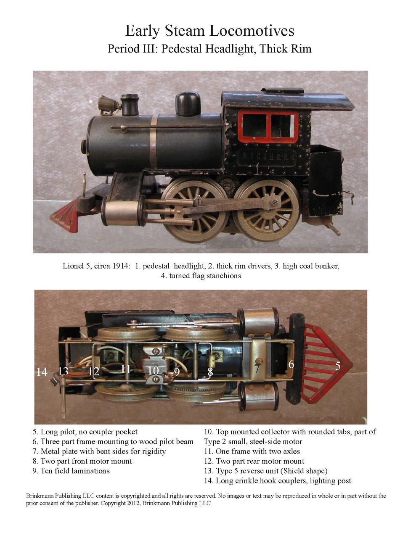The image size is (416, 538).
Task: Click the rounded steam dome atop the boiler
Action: (x=188, y=104)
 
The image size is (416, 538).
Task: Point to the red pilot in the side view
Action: (x=65, y=215)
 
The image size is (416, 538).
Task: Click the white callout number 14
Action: (x=42, y=372)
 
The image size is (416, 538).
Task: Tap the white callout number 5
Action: (x=338, y=366)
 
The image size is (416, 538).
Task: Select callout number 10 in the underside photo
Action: (x=154, y=371)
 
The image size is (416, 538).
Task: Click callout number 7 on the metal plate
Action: (x=257, y=368)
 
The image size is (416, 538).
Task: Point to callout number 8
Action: (x=210, y=372)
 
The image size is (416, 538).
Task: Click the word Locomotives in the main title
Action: (x=252, y=31)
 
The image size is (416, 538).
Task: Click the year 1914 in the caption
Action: (x=120, y=266)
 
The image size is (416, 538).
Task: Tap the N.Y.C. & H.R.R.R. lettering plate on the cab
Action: (x=267, y=157)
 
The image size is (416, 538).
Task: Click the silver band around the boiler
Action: (x=154, y=141)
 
